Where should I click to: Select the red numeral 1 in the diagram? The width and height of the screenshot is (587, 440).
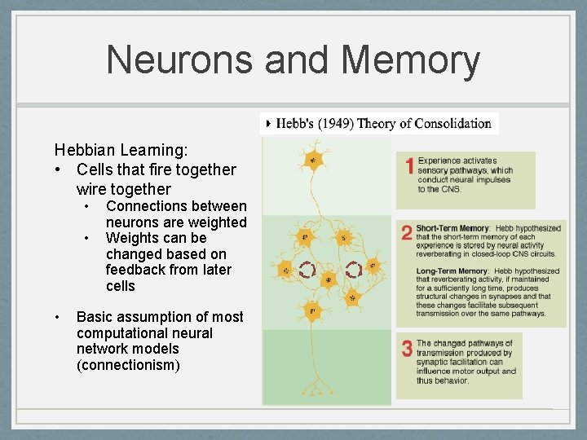pyautogui.click(x=410, y=166)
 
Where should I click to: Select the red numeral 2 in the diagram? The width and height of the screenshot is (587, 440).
pyautogui.click(x=406, y=233)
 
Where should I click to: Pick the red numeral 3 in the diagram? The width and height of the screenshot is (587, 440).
pyautogui.click(x=406, y=350)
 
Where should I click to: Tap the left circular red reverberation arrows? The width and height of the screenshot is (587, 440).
pyautogui.click(x=307, y=269)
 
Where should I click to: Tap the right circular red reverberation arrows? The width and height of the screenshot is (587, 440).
pyautogui.click(x=354, y=269)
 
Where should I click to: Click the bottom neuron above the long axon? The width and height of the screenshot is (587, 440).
pyautogui.click(x=311, y=310)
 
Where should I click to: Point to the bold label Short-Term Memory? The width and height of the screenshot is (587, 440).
pyautogui.click(x=452, y=229)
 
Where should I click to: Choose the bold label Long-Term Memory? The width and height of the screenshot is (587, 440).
pyautogui.click(x=451, y=271)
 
